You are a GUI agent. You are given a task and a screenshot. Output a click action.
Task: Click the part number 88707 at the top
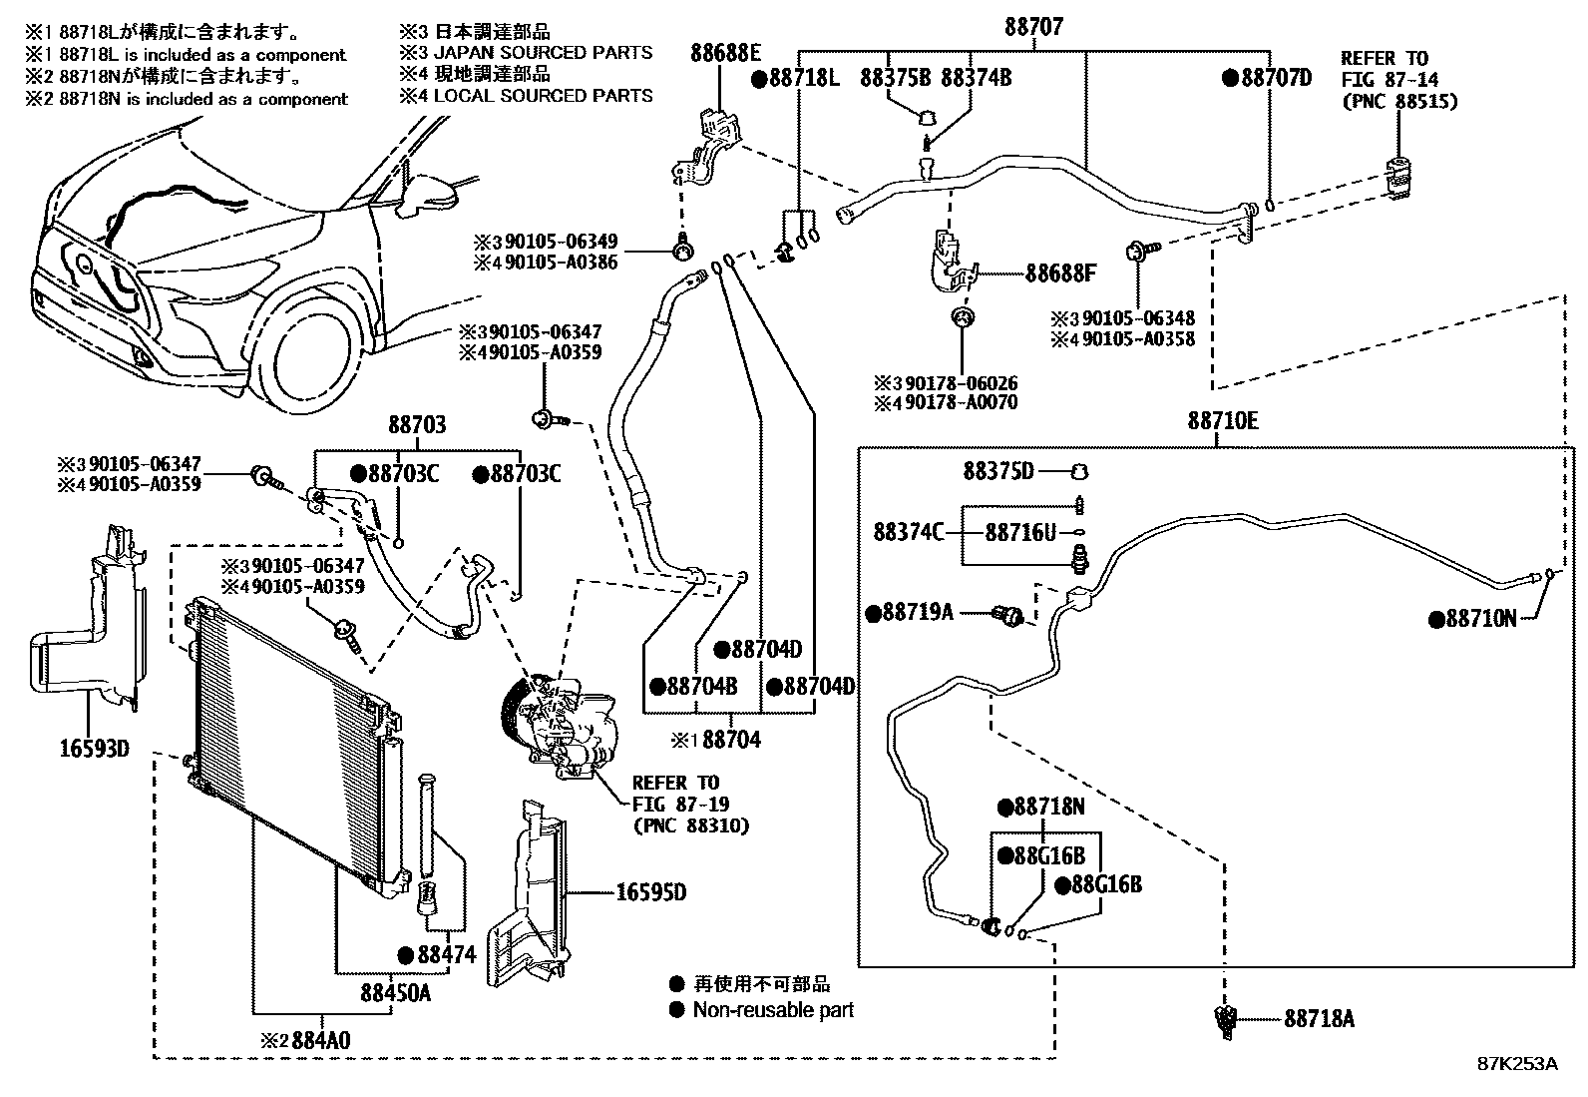pyautogui.click(x=1033, y=27)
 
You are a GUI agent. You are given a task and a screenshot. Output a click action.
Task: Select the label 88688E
pyautogui.click(x=725, y=53)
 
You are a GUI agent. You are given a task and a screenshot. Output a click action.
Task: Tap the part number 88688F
pyautogui.click(x=1060, y=274)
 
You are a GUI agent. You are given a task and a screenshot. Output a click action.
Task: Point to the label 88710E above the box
pyautogui.click(x=1223, y=421)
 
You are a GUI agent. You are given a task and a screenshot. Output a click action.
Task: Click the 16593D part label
pyautogui.click(x=95, y=748)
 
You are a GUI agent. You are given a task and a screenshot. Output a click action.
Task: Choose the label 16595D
pyautogui.click(x=650, y=892)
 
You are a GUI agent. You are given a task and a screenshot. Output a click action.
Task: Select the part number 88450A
pyautogui.click(x=395, y=993)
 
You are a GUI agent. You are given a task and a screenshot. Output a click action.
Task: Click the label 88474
pyautogui.click(x=447, y=955)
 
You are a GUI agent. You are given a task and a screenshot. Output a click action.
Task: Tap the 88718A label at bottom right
pyautogui.click(x=1319, y=1019)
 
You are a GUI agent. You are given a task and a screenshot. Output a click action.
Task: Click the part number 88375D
pyautogui.click(x=998, y=470)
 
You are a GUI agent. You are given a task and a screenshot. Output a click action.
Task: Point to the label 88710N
pyautogui.click(x=1481, y=619)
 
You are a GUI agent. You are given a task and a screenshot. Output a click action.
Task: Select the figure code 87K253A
pyautogui.click(x=1517, y=1064)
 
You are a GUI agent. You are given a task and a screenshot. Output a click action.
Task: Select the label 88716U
pyautogui.click(x=1020, y=532)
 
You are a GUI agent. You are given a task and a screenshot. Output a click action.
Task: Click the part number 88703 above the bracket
pyautogui.click(x=417, y=425)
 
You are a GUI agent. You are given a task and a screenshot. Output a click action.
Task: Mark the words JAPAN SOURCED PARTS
pyautogui.click(x=543, y=53)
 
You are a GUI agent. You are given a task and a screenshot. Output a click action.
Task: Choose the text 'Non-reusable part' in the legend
pyautogui.click(x=773, y=1010)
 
